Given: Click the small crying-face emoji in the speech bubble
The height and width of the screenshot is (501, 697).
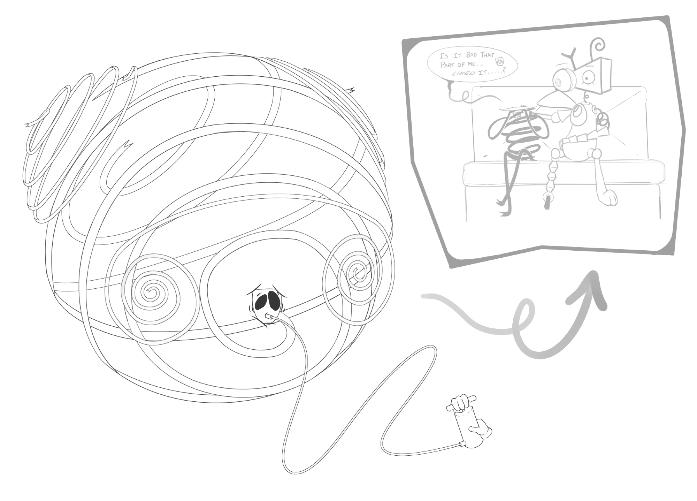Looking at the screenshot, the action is pyautogui.click(x=499, y=62).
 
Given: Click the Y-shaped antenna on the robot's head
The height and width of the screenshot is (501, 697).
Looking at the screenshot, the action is pyautogui.click(x=571, y=57).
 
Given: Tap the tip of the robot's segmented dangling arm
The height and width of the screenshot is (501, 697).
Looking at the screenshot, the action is pyautogui.click(x=547, y=202).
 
